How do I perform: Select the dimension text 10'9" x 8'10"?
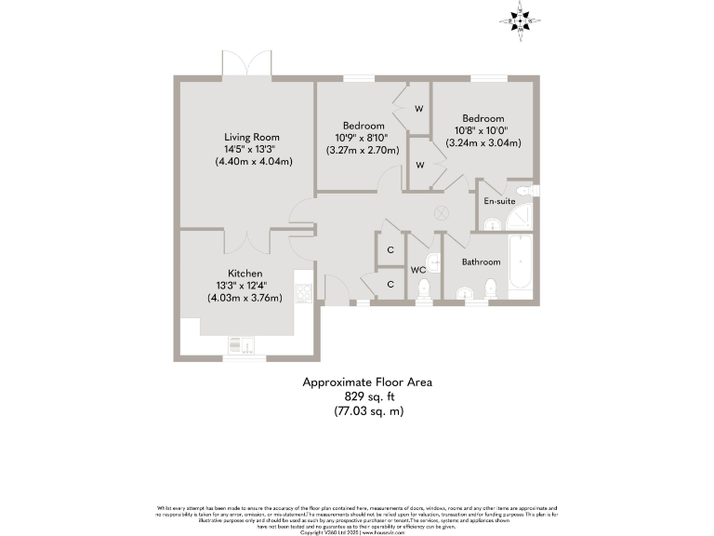coord(363,138)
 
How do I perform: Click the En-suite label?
coord(499,200)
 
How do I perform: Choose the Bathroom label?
coord(482,262)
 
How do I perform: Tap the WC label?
coord(418,270)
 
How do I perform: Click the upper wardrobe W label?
coord(419,109)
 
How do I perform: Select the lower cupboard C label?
coord(390,284)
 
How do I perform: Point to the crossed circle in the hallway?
coord(441,212)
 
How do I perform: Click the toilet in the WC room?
coord(424,290)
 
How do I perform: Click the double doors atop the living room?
coord(246,65)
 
